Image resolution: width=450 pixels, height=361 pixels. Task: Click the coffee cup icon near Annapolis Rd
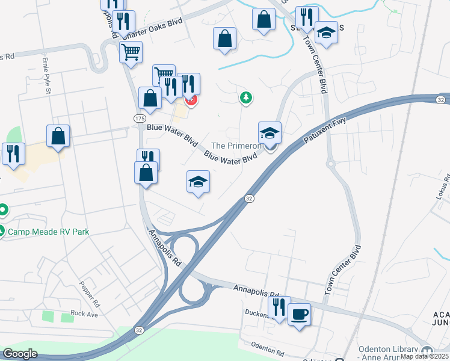(299, 313)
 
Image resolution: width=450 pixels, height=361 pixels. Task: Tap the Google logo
(20, 354)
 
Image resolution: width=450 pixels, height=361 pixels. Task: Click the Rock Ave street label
(84, 313)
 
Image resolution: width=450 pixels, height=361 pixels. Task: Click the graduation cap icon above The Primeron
(270, 132)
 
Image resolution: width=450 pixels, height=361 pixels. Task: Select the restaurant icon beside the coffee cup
(279, 307)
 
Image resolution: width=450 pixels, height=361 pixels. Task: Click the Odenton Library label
(389, 350)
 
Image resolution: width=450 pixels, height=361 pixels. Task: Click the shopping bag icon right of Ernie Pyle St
(58, 136)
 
